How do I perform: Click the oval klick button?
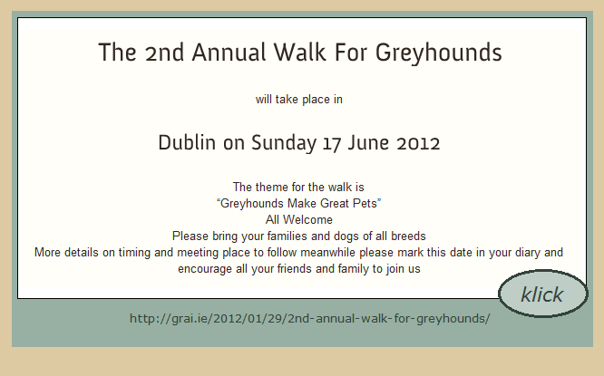point(543,294)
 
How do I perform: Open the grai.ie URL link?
point(309,319)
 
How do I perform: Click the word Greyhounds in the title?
point(439,53)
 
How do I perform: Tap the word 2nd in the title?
point(164,53)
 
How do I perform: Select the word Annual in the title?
point(229,53)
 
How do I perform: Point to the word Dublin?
point(187,142)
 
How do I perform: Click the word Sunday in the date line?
point(284,143)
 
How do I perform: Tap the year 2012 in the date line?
point(418,143)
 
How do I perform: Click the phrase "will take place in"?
point(299,100)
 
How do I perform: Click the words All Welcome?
point(299,220)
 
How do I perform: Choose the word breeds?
point(408,236)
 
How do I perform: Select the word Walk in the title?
point(300,53)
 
